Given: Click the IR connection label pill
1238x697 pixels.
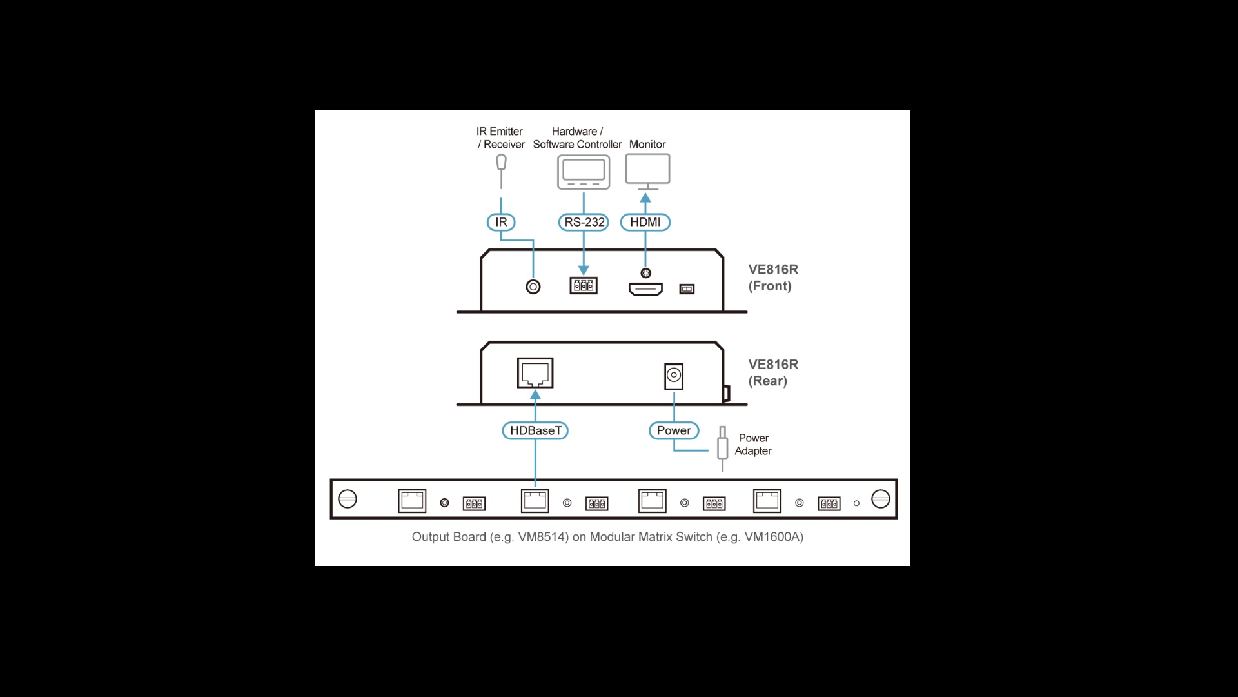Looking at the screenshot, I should coord(501,222).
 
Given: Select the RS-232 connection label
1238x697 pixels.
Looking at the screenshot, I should coord(584,222).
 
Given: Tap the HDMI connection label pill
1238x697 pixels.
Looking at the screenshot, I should coord(645,222).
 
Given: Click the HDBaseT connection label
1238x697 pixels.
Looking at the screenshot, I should coord(535,430).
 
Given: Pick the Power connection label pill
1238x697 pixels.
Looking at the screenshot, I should coord(674,430).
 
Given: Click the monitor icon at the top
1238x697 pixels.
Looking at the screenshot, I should coord(647,170).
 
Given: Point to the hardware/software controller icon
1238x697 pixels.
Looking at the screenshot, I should coord(584,172).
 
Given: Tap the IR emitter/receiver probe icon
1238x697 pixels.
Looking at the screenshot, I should coord(501,163).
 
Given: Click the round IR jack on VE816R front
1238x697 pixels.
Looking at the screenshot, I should coord(533,287).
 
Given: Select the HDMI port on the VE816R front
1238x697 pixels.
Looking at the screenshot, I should coord(645,288).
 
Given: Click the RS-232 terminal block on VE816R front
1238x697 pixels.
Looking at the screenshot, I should coord(584,285).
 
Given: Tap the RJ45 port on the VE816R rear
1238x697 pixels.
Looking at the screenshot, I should coord(535,373).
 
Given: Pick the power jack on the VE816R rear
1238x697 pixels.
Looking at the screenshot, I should coord(674,376).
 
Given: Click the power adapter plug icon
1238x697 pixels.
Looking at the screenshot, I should coord(723,446).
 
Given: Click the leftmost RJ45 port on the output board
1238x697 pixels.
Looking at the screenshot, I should coord(412,501).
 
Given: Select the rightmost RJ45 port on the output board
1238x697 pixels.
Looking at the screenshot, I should coord(767,501).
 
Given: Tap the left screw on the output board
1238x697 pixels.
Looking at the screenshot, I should coord(348,499).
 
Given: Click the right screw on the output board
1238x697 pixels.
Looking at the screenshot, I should coord(880,499).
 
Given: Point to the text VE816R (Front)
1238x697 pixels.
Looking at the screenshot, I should coord(772,278).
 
